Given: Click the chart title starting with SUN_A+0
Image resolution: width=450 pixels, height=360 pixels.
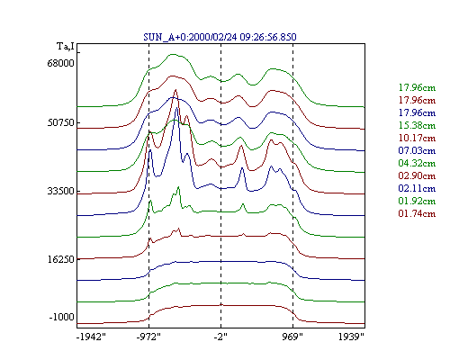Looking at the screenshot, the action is [x=220, y=37].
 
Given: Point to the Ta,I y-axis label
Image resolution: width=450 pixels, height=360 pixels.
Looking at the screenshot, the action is [x=66, y=47].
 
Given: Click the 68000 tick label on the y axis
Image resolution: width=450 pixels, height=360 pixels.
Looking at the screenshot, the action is [x=60, y=63].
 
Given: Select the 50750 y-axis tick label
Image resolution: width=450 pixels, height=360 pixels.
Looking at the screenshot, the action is [x=60, y=122].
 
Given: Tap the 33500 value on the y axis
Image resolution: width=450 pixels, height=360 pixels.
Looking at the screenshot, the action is [x=60, y=191].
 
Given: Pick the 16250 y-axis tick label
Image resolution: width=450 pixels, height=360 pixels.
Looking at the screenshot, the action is [x=60, y=259].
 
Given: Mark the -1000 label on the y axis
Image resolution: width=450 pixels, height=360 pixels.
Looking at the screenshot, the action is [x=61, y=317].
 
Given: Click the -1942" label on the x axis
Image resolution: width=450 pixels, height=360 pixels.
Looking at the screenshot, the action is [x=91, y=337].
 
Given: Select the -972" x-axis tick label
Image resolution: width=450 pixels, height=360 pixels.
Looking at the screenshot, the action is [x=148, y=337].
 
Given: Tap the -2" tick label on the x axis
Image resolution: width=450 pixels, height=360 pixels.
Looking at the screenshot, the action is [x=220, y=337].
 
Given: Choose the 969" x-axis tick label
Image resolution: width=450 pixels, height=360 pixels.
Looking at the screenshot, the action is [x=292, y=337].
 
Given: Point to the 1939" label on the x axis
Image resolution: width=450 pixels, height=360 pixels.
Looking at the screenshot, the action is [x=351, y=337].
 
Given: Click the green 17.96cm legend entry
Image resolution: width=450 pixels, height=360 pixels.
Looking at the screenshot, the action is [x=417, y=87].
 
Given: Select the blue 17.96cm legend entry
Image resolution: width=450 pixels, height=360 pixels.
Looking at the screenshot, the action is [x=417, y=112].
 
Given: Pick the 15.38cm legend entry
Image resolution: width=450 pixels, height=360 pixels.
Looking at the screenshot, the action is [x=417, y=125].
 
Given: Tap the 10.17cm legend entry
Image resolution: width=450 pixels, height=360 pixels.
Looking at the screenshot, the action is [x=417, y=138].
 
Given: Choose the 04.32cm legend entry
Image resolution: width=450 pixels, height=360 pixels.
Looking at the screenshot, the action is [x=417, y=163].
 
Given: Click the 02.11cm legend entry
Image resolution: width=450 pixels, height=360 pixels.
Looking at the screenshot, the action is [x=417, y=188].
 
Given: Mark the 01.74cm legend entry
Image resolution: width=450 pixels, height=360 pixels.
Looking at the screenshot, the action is [x=417, y=213].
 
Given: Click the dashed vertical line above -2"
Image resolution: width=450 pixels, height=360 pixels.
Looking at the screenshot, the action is [x=221, y=185].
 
